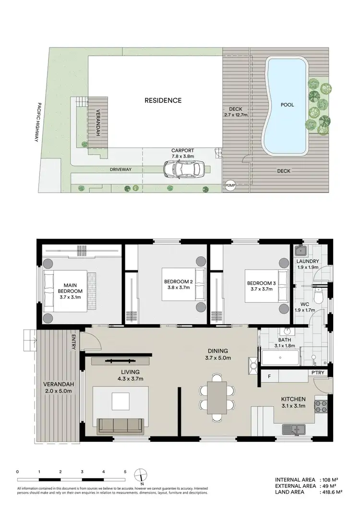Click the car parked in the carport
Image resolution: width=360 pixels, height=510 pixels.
tap(184, 169)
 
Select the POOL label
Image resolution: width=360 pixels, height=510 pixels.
tap(288, 104)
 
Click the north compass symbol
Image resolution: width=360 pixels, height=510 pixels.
tap(140, 474)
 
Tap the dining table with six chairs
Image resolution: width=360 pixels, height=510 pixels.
tap(217, 397)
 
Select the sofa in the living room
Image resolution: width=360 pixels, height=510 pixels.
tap(120, 425)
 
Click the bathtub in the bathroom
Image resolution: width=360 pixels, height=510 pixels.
tap(280, 357)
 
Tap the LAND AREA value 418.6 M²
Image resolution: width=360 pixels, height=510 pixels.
tap(332, 492)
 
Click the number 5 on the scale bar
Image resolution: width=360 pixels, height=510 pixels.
tap(125, 472)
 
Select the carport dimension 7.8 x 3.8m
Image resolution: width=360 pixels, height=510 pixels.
tap(182, 157)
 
